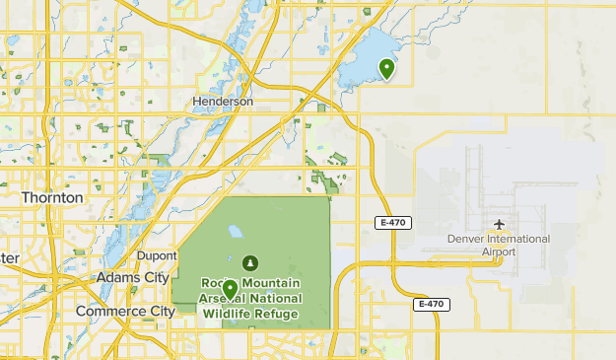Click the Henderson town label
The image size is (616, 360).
224,102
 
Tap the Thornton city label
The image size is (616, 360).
52,197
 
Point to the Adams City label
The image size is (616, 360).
132,278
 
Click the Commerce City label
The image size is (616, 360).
125,311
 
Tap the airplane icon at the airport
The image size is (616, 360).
500,224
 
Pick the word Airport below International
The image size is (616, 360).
500,252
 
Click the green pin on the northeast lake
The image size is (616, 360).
387,69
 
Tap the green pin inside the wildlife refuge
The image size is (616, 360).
230,289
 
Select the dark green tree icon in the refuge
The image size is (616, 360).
249,263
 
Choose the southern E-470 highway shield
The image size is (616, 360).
428,304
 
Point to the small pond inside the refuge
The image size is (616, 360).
236,234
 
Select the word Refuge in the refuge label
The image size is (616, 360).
277,314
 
